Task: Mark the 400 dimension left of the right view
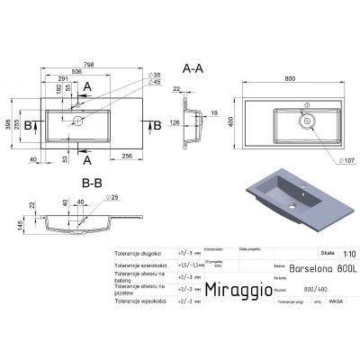point(230,121)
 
